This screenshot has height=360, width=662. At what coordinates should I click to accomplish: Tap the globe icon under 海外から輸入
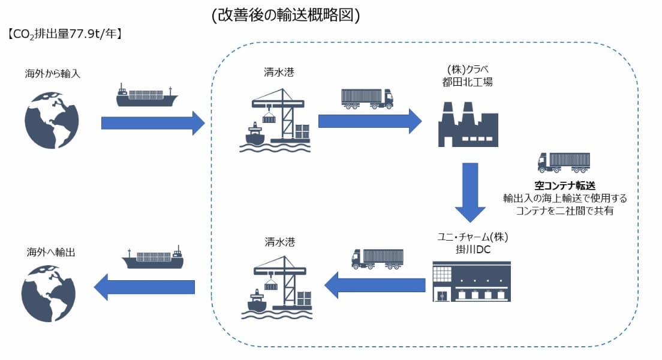click(x=53, y=117)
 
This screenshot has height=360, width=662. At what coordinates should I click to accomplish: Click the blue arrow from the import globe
click(x=153, y=123)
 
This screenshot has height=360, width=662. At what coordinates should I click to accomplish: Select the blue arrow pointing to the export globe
click(x=145, y=287)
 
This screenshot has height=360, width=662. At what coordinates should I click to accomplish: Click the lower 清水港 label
click(x=279, y=243)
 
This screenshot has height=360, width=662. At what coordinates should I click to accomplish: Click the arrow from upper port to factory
click(x=369, y=122)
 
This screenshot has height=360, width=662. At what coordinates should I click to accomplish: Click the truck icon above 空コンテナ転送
click(x=563, y=163)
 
